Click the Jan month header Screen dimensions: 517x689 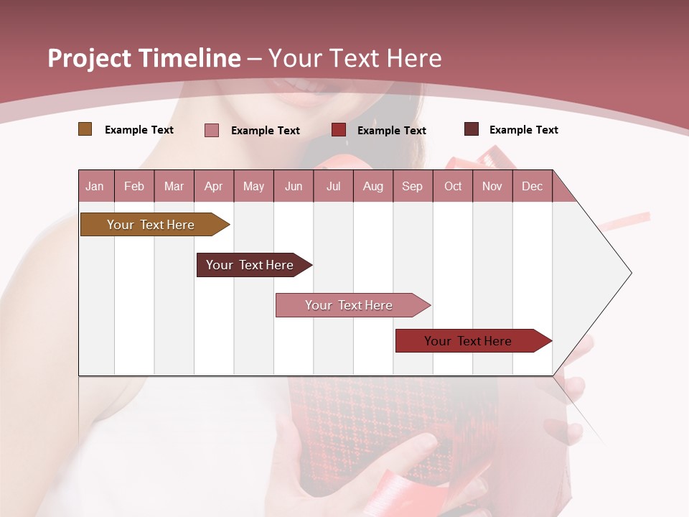(95, 186)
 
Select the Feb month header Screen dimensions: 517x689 (134, 186)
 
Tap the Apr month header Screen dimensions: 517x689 (214, 186)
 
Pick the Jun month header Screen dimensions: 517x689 (294, 186)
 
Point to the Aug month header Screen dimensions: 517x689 (373, 186)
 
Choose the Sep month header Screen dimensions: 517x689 (413, 186)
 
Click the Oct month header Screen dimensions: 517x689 (453, 186)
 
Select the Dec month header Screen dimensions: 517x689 (533, 186)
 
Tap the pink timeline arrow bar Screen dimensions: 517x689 (350, 305)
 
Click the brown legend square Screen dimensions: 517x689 (85, 129)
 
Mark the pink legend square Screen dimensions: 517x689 (212, 130)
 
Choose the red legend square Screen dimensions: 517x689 (339, 130)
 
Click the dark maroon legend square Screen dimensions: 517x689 (472, 129)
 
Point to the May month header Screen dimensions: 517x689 (253, 186)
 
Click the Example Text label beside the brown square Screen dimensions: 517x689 (139, 130)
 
